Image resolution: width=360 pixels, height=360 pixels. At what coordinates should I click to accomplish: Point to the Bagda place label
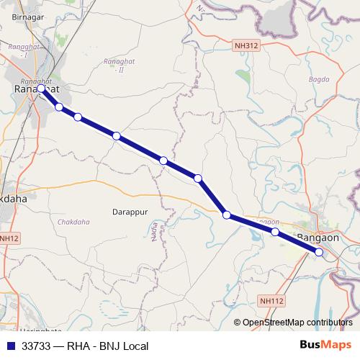click(x=318, y=78)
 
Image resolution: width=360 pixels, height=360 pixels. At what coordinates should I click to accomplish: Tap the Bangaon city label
click(x=318, y=236)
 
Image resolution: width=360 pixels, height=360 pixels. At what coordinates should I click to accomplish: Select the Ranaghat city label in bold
click(x=36, y=89)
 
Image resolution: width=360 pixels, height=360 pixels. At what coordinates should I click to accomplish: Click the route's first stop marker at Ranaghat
click(x=41, y=89)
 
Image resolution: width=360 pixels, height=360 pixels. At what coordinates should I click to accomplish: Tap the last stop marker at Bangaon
click(x=319, y=252)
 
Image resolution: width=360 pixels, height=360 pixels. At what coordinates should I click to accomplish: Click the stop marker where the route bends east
click(x=226, y=215)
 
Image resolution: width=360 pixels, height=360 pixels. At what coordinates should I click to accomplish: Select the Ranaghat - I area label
click(x=19, y=50)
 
